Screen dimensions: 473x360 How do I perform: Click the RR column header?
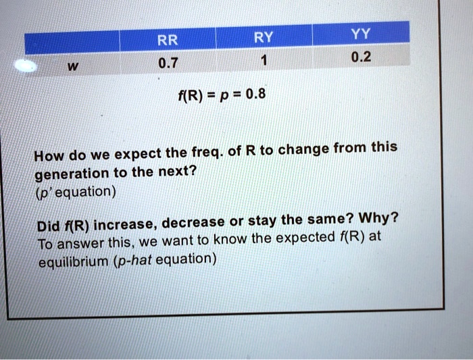[x=168, y=40]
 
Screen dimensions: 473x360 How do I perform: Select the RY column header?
[x=264, y=37]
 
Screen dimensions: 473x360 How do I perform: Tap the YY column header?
[x=361, y=34]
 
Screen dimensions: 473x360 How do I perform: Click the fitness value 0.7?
[x=168, y=63]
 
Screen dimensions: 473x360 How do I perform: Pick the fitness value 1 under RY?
[x=264, y=60]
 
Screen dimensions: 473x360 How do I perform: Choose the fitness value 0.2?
[x=361, y=57]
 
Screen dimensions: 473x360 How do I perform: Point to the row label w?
[x=73, y=66]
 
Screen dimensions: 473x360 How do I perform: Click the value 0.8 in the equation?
[x=256, y=94]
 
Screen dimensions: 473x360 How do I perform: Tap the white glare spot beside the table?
[x=26, y=66]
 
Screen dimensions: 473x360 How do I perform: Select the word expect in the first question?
[x=139, y=155]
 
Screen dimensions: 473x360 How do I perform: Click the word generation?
[x=72, y=174]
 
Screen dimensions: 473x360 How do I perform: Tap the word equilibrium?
[x=73, y=261]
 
